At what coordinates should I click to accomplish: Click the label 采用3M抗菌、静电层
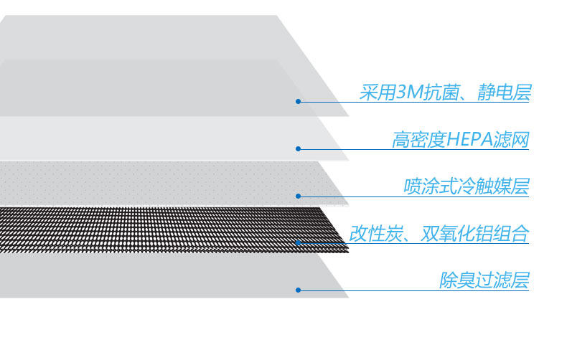coord(445,93)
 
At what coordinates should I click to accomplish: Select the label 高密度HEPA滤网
coord(460,139)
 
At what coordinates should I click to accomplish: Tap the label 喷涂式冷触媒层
coord(466,186)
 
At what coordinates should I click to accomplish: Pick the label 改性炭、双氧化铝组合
coord(439,233)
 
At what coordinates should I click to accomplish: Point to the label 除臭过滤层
coord(484,280)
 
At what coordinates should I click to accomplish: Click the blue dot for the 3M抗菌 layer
coord(298,102)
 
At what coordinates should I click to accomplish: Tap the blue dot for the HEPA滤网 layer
coord(298,149)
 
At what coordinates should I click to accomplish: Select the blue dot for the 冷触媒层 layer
coord(298,196)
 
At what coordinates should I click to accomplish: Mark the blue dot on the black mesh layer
coord(298,243)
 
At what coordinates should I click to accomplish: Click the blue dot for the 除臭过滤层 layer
coord(298,290)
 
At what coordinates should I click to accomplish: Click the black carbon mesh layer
coord(165,229)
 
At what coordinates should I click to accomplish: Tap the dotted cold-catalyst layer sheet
coord(158,183)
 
